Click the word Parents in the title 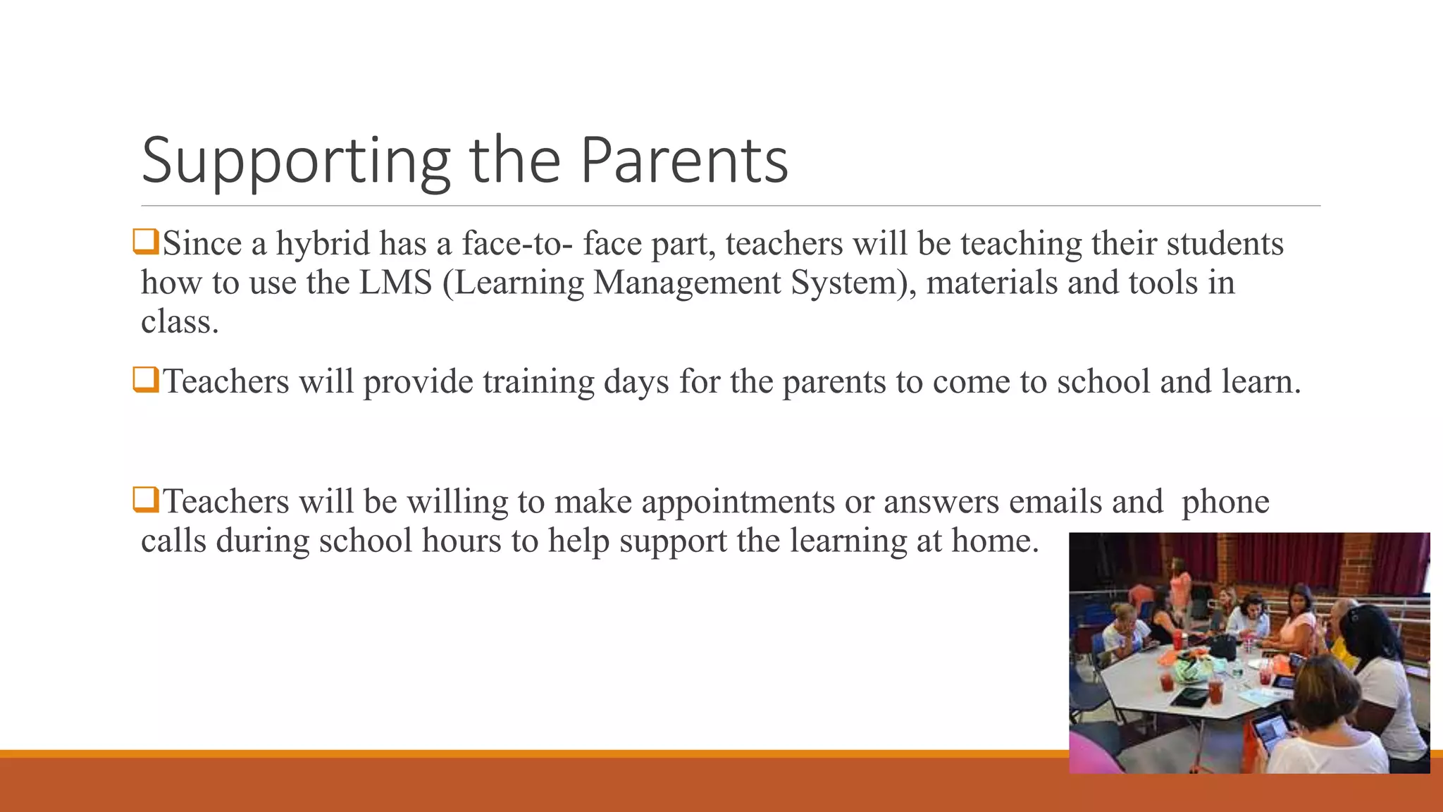click(683, 161)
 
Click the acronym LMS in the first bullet click(395, 283)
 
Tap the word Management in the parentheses click(687, 283)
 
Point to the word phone click(1225, 502)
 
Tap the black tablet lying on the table click(1189, 697)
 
